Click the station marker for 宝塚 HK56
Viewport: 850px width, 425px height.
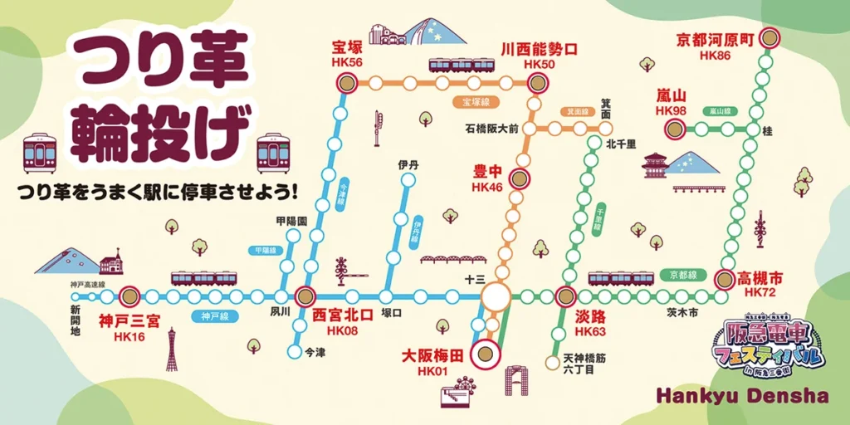(x=346, y=82)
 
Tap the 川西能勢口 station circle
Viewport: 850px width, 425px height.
(x=539, y=82)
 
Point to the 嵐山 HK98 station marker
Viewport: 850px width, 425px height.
(x=675, y=129)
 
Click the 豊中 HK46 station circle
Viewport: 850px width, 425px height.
(x=519, y=178)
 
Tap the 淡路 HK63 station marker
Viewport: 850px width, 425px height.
(x=566, y=296)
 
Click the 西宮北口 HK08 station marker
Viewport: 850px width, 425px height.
(x=305, y=296)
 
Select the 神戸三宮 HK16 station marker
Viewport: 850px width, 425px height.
(x=129, y=296)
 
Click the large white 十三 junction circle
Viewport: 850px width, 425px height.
(x=496, y=296)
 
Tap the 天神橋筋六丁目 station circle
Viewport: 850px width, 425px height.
(x=552, y=362)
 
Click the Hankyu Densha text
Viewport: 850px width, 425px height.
(x=741, y=396)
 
